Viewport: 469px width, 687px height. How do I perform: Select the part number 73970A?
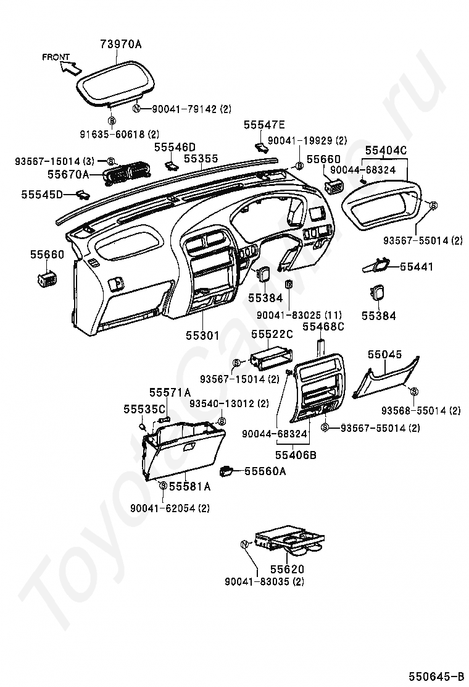coord(121,44)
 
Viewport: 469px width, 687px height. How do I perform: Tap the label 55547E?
coord(264,125)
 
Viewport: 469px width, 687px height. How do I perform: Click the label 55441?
coord(417,267)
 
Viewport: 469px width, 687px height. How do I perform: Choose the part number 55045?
coord(384,355)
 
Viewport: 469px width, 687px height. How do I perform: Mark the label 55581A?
coord(190,486)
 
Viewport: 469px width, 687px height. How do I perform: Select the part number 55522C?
coord(272,334)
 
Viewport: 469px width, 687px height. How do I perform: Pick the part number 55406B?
coord(296,455)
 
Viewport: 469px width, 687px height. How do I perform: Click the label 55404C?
coord(386,150)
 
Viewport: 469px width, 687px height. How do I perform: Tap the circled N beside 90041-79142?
coord(138,109)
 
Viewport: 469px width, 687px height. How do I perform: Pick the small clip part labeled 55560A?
coord(228,471)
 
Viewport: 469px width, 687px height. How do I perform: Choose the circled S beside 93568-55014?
coord(413,391)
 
